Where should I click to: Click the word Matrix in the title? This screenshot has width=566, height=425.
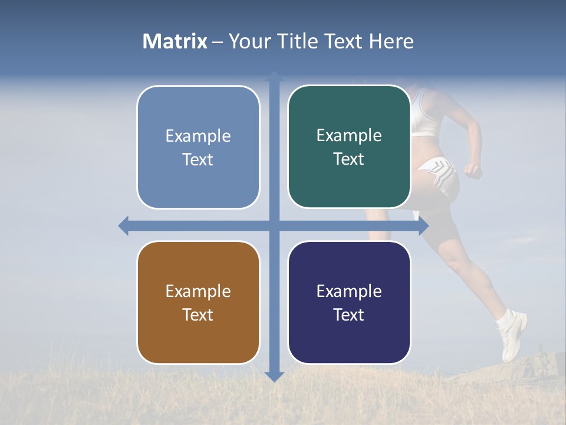pyautogui.click(x=175, y=41)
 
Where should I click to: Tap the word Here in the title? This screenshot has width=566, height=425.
pyautogui.click(x=391, y=41)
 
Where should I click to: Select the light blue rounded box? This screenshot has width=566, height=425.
pyautogui.click(x=198, y=147)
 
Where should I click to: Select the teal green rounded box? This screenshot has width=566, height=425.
pyautogui.click(x=349, y=146)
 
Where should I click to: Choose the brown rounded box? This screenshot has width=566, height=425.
pyautogui.click(x=198, y=302)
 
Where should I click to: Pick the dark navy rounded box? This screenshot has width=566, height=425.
pyautogui.click(x=349, y=302)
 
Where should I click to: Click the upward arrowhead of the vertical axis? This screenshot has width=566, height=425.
pyautogui.click(x=274, y=76)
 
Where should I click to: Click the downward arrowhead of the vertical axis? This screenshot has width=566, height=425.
pyautogui.click(x=274, y=376)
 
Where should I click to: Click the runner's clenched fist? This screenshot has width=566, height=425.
pyautogui.click(x=472, y=171)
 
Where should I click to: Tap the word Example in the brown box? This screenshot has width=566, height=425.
pyautogui.click(x=198, y=291)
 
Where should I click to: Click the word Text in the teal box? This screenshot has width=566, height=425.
pyautogui.click(x=349, y=159)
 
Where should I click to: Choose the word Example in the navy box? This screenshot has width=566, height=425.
pyautogui.click(x=349, y=291)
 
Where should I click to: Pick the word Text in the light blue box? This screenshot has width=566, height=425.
pyautogui.click(x=198, y=159)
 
